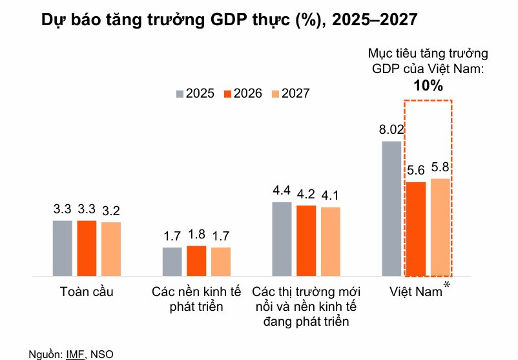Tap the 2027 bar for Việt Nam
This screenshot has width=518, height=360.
440,227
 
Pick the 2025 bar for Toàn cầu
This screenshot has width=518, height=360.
63,248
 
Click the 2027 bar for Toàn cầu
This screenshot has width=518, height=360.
111,249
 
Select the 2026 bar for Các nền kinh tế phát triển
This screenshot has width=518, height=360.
196,260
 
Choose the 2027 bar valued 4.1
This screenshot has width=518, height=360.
330,241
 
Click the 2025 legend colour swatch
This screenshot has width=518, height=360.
180,93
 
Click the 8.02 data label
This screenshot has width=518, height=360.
391,129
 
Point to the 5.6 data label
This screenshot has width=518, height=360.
416,171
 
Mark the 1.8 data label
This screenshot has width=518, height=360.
196,234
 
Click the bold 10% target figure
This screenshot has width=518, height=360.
428,85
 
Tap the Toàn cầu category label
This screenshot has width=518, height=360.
87,291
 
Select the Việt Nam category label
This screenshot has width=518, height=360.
415,291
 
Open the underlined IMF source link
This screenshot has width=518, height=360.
74,354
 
